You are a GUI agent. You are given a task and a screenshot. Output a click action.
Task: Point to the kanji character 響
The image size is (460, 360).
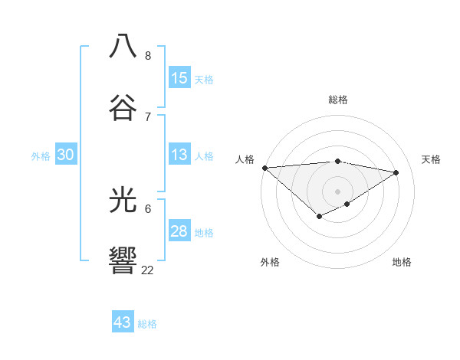click(x=123, y=260)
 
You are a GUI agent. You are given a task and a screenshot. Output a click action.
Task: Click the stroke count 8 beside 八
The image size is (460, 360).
click(x=148, y=56)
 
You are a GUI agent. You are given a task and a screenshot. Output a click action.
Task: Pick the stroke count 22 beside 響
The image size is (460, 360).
click(x=147, y=270)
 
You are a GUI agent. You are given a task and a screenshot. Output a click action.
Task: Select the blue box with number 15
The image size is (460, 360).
click(x=179, y=78)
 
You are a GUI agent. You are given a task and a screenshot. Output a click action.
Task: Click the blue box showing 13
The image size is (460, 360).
click(x=179, y=155)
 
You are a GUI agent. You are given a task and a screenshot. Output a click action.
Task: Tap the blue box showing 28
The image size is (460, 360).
click(x=179, y=231)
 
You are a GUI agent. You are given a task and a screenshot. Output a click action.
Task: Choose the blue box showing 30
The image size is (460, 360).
click(x=65, y=155)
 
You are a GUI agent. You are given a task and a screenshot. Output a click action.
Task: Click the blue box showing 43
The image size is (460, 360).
click(x=123, y=322)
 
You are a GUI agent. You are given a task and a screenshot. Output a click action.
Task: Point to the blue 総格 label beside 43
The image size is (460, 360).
click(x=147, y=324)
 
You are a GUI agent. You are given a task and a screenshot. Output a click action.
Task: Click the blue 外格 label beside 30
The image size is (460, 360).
click(x=41, y=156)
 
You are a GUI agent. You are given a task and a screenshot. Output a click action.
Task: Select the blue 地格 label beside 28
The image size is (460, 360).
click(x=204, y=233)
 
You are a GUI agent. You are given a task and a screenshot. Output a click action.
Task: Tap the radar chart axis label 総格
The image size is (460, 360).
click(x=338, y=100)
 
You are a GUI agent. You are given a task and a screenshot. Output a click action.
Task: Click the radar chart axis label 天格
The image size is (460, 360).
click(x=431, y=159)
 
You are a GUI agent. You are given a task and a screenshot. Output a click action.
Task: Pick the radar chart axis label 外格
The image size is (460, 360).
click(x=270, y=262)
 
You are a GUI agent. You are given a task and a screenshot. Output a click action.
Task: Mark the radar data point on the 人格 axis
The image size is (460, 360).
click(x=264, y=167)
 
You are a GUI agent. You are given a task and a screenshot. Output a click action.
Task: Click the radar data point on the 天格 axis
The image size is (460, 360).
click(x=396, y=172)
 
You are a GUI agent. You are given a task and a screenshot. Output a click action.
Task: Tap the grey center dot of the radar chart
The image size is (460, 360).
click(x=338, y=191)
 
